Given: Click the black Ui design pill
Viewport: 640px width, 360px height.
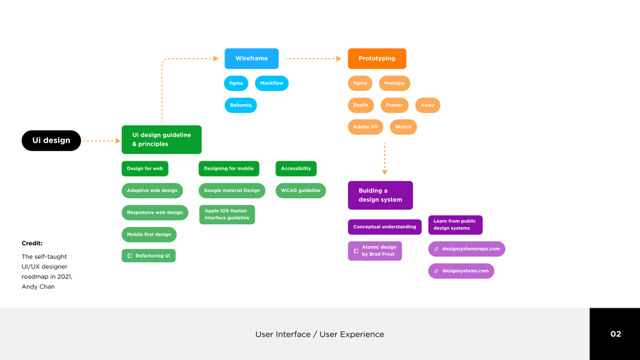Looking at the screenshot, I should click(51, 140).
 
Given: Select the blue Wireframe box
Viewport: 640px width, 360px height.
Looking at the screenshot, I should click(251, 59).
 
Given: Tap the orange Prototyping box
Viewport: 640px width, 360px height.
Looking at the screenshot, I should click(377, 59).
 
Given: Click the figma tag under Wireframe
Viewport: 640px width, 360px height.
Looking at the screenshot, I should click(236, 83).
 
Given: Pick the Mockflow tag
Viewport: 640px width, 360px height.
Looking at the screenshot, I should click(272, 83).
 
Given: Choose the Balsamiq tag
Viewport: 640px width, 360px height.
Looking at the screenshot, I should click(241, 105).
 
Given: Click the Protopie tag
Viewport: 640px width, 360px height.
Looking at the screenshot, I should click(395, 83).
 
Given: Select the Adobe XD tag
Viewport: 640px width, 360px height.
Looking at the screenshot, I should click(365, 127).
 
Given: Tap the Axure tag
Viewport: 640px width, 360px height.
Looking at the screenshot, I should click(427, 105).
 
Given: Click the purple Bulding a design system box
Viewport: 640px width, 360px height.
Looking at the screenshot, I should click(380, 195).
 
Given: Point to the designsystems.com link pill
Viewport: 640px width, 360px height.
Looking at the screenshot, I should click(461, 271).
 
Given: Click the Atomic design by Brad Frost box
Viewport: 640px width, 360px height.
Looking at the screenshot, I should click(375, 251).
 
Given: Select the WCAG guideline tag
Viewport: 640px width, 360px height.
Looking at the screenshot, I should click(301, 190).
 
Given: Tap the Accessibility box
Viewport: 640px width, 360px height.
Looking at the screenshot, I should click(296, 169).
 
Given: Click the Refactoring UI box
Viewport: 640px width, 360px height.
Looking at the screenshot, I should click(149, 256).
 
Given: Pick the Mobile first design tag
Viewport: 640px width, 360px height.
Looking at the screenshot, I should click(149, 234).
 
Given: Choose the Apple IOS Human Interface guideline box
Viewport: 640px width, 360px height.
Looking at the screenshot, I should click(227, 214).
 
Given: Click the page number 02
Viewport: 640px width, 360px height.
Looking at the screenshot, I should click(615, 334).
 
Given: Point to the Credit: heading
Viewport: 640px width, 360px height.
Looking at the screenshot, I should click(32, 243).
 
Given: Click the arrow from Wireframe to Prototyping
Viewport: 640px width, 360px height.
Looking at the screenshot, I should click(313, 59).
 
